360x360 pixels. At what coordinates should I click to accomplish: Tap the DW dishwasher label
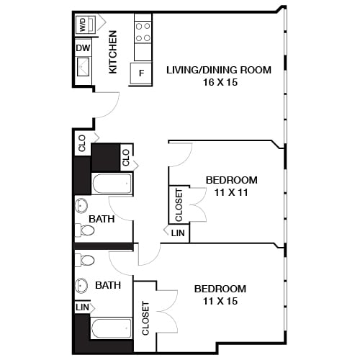point(83,48)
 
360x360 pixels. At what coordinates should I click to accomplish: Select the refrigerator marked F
point(141,73)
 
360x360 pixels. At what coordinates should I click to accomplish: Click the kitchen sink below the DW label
point(84,69)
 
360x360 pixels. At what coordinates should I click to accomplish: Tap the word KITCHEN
point(112,53)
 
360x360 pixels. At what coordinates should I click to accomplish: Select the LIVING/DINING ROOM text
point(218,70)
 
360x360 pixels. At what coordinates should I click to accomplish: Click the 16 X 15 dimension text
point(218,82)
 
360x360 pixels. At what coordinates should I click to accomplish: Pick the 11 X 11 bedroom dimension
point(231,192)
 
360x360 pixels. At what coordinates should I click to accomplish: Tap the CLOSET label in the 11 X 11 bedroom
point(179,204)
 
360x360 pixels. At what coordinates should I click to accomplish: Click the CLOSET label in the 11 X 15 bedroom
point(145,318)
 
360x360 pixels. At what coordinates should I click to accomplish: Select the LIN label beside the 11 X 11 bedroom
point(178,233)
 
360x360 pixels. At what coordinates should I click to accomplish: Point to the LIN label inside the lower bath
point(82,307)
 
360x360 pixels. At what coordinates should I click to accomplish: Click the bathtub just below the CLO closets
point(112,184)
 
